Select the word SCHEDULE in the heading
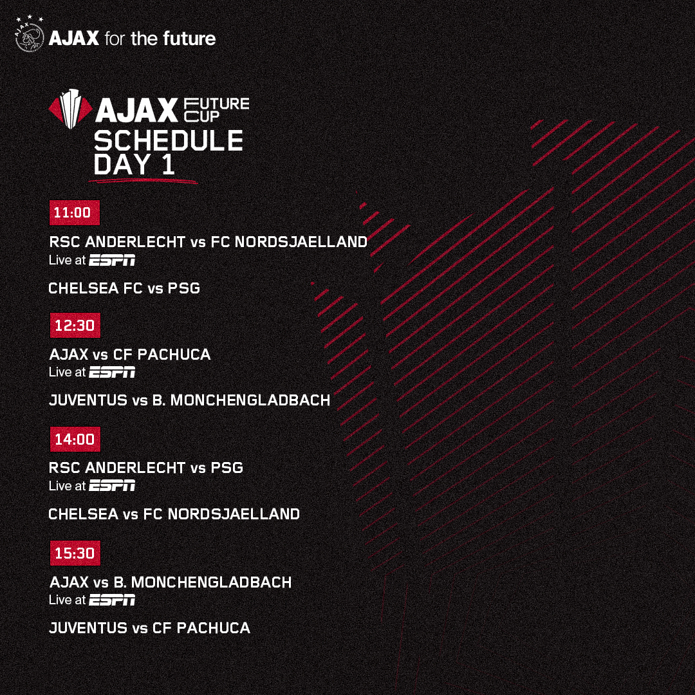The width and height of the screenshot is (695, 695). click(168, 142)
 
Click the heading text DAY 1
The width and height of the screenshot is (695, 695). click(134, 165)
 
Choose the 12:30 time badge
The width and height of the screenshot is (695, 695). click(75, 326)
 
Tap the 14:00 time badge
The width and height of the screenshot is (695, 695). click(75, 440)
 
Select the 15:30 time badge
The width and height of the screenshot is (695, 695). click(75, 553)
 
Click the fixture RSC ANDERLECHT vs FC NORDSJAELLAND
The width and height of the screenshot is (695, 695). click(208, 242)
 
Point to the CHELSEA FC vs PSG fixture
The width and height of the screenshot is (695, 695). click(124, 288)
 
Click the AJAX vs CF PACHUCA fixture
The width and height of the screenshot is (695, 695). click(129, 355)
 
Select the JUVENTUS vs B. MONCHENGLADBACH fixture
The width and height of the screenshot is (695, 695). click(189, 400)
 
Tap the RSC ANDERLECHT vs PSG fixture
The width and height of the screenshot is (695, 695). click(146, 468)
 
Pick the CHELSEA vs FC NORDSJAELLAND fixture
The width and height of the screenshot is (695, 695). click(174, 514)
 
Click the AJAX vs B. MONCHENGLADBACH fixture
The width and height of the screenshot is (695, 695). click(170, 582)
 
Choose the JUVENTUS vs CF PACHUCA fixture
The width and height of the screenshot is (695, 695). click(149, 628)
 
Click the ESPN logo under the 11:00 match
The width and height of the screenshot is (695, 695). click(112, 261)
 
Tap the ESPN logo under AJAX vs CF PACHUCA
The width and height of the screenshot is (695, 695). click(112, 372)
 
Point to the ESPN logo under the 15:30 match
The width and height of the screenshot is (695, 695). click(112, 600)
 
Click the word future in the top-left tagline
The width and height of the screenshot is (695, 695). click(189, 39)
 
